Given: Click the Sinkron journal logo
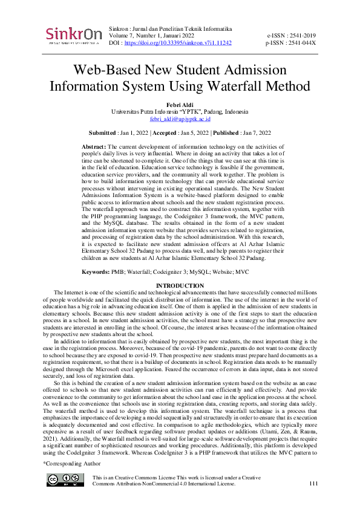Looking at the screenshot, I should coord(73,34).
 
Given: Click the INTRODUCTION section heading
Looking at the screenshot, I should coord(180,285).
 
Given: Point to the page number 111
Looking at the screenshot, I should coord(313,484).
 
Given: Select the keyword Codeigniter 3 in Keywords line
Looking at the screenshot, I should coord(177,273).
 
